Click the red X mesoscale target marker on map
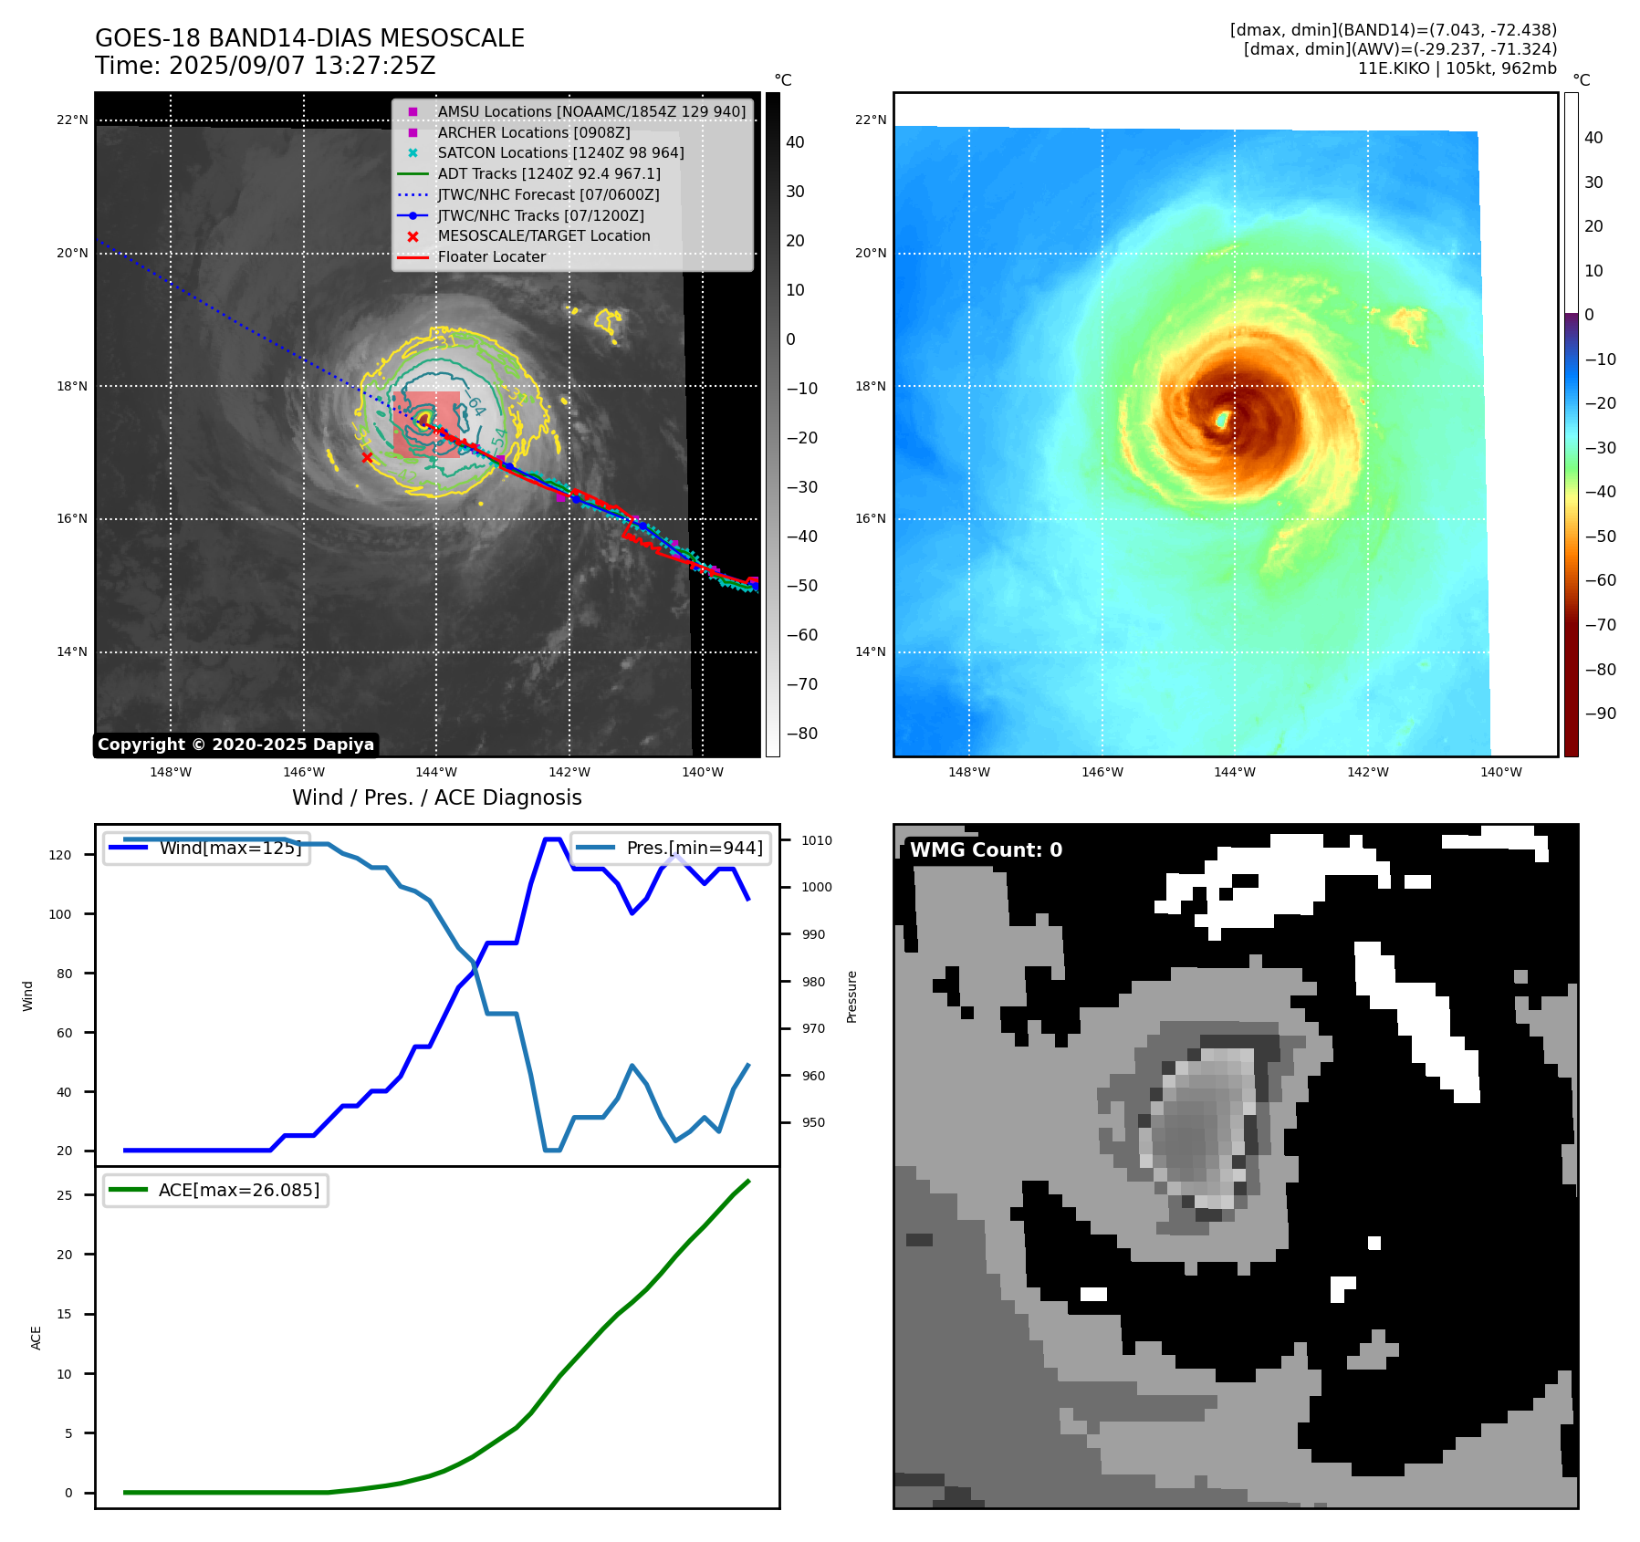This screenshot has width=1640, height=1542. point(367,457)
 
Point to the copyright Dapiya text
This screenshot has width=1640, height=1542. point(235,745)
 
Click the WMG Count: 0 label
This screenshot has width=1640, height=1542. point(986,850)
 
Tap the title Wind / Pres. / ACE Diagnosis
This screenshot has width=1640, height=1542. point(436,797)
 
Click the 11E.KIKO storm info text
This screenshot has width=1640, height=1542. point(1457,68)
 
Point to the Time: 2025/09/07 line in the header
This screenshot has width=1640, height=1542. point(265,67)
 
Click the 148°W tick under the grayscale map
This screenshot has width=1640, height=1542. point(171,772)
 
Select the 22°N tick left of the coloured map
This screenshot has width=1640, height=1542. point(870,120)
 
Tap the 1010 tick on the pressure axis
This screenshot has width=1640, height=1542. point(817,840)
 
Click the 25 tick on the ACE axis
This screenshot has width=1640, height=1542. point(65,1195)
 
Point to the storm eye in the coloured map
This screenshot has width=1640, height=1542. point(1222,420)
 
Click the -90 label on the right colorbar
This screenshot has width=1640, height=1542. point(1600,714)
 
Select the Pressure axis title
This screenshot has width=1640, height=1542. point(851,996)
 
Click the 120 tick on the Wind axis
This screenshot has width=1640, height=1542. point(60,855)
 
